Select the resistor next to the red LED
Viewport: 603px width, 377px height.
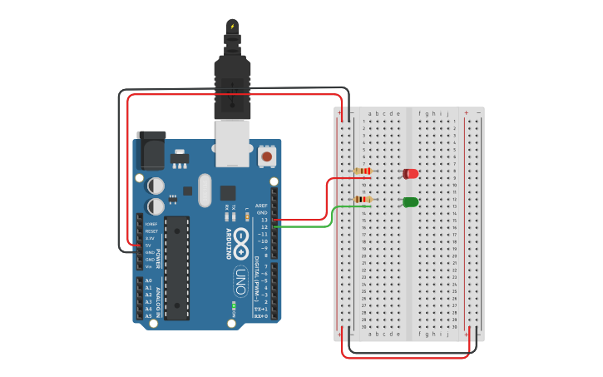pyautogui.click(x=363, y=171)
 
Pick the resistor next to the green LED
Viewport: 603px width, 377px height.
pyautogui.click(x=363, y=200)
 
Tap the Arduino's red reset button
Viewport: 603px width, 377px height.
pyautogui.click(x=267, y=156)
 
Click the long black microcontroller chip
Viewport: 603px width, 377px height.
pyautogui.click(x=176, y=267)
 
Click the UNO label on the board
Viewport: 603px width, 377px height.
pyautogui.click(x=240, y=275)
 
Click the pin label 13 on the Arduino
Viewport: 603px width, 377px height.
pyautogui.click(x=264, y=220)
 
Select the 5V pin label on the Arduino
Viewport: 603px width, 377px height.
pyautogui.click(x=149, y=246)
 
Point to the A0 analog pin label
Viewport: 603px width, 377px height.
pyautogui.click(x=149, y=280)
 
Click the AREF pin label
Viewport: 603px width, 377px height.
pyautogui.click(x=261, y=206)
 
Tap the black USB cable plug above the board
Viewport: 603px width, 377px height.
pyautogui.click(x=232, y=83)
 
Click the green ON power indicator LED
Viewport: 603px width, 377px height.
pyautogui.click(x=234, y=305)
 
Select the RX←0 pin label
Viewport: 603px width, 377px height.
pyautogui.click(x=260, y=316)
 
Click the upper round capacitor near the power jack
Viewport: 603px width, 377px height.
pyautogui.click(x=156, y=186)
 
